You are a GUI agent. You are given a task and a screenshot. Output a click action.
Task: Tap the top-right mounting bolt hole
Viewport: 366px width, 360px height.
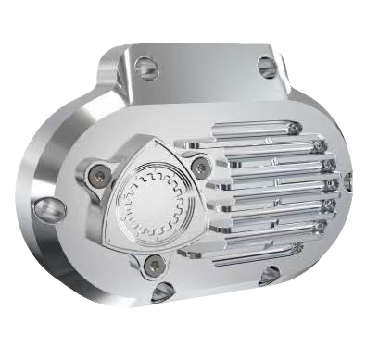coord(266,66)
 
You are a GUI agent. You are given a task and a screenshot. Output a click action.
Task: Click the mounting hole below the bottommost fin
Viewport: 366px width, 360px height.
coord(269,274)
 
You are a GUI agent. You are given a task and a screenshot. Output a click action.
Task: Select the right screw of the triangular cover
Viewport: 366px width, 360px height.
coord(201,166)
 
